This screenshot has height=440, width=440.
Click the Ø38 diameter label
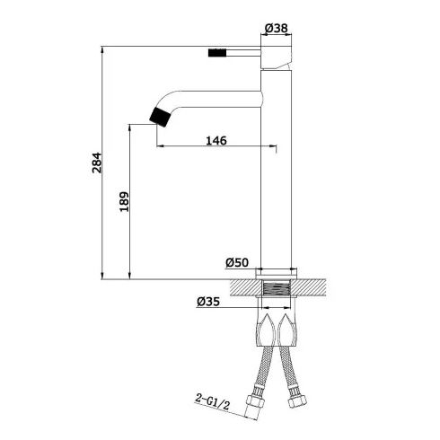click(277, 28)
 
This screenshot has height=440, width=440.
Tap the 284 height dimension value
click(97, 163)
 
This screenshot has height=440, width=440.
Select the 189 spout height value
click(124, 201)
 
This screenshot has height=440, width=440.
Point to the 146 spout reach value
click(216, 140)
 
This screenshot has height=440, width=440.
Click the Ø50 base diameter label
click(237, 262)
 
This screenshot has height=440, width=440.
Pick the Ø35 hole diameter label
click(208, 302)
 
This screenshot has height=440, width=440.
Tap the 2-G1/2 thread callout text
click(213, 401)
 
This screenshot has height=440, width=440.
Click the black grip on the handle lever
click(217, 52)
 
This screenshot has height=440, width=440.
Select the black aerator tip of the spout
click(161, 118)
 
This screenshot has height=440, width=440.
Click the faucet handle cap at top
click(277, 57)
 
